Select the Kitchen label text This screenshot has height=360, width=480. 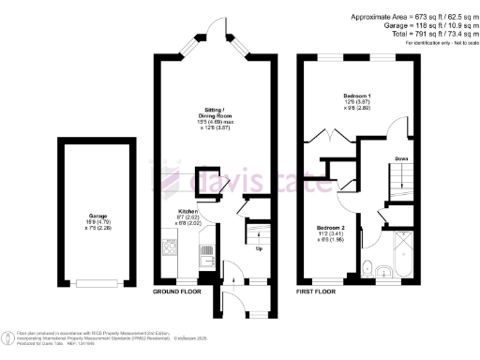(x=187, y=212)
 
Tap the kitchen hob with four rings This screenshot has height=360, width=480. (x=171, y=248)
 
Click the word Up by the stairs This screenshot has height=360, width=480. (x=259, y=248)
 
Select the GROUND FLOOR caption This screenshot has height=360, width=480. (x=178, y=292)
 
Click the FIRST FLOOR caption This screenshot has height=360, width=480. (x=317, y=292)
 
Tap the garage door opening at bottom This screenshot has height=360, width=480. (x=97, y=282)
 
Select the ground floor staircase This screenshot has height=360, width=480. (x=256, y=230)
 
